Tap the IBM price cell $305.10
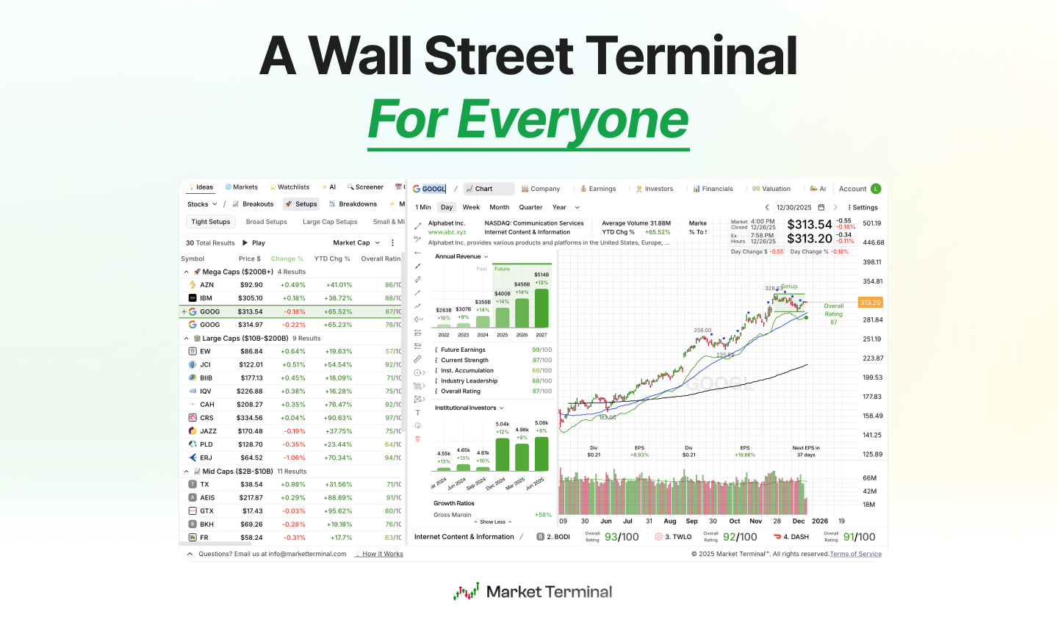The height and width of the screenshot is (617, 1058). [250, 298]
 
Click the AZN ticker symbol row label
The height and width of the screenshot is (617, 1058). [206, 285]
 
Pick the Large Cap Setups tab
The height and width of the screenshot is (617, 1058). [330, 222]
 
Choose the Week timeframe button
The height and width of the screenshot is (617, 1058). [471, 207]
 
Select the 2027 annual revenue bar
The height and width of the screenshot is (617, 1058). [541, 307]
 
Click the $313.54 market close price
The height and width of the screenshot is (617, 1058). [809, 225]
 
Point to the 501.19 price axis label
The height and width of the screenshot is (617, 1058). [872, 223]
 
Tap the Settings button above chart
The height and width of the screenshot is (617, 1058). [864, 207]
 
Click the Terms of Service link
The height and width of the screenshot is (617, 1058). [855, 554]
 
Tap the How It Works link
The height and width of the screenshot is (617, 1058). [382, 554]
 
